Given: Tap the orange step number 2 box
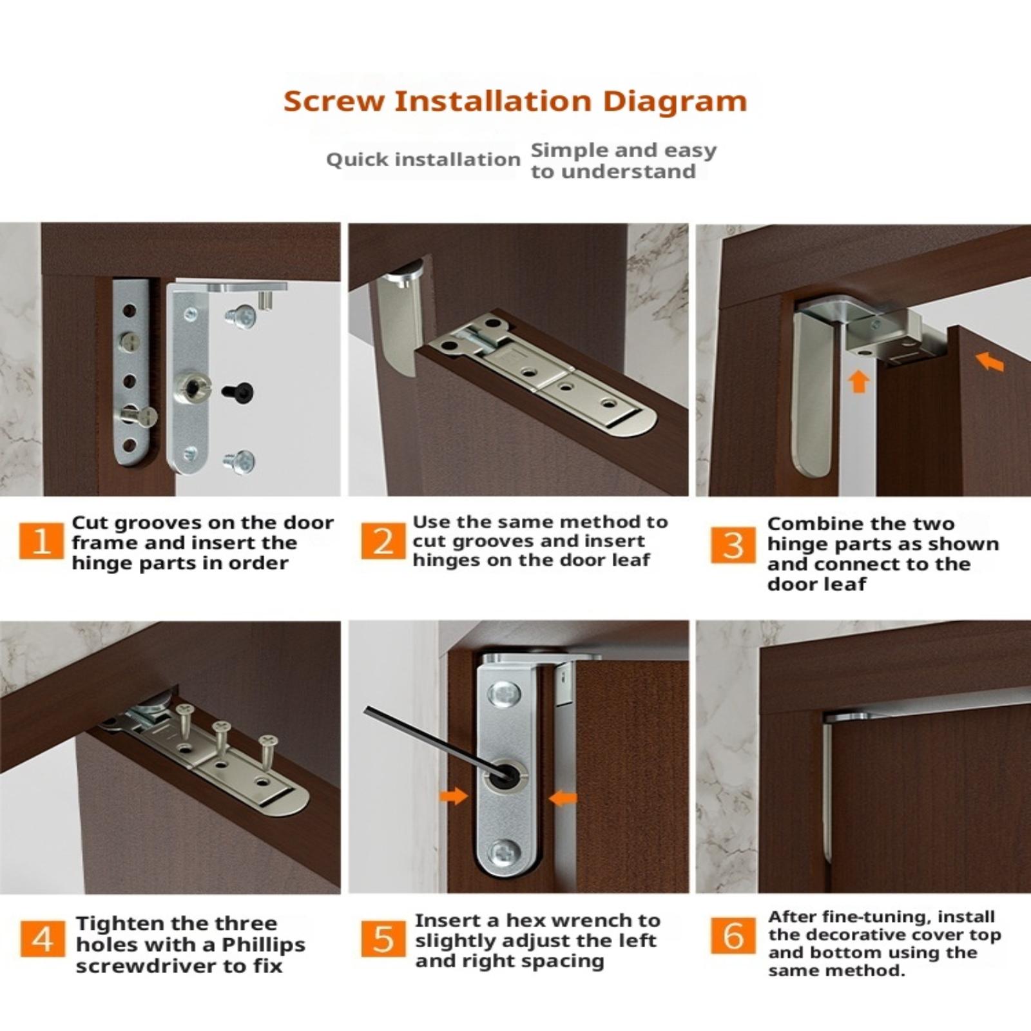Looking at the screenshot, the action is click(x=383, y=541).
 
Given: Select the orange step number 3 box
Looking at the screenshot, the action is click(x=733, y=545).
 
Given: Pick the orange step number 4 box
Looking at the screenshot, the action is click(x=43, y=938).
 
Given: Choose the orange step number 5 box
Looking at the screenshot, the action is click(x=383, y=939).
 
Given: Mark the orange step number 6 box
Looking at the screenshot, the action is click(x=733, y=935).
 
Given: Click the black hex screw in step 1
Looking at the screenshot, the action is click(x=238, y=392).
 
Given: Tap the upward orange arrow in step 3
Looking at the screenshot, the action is click(x=858, y=381).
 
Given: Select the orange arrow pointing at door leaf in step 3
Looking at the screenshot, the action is click(x=990, y=362).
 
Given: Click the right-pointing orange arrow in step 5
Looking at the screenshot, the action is click(x=454, y=796).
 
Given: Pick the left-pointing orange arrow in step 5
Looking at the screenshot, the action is click(x=563, y=799).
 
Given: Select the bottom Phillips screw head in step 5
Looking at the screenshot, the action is click(x=504, y=854).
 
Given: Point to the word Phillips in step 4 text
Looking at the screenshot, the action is click(x=264, y=945).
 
